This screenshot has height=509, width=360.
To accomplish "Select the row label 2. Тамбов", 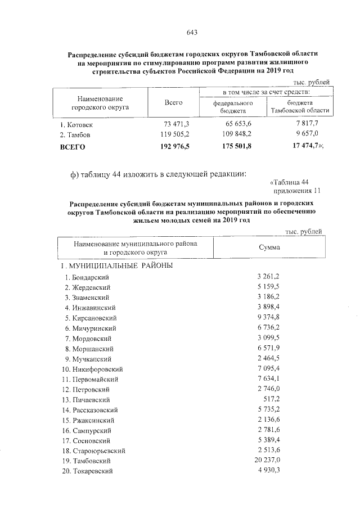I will [75, 135].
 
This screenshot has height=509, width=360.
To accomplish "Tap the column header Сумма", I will [269, 247].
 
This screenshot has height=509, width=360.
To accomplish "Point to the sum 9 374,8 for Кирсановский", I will [268, 318].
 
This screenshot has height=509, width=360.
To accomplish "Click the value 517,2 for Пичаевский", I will [272, 399].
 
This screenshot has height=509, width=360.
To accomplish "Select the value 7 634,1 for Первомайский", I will [268, 379].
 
